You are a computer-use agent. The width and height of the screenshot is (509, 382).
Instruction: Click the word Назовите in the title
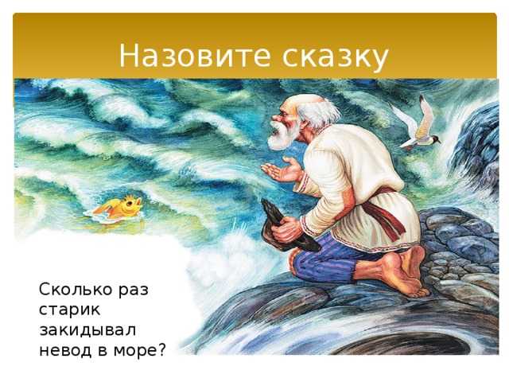195,55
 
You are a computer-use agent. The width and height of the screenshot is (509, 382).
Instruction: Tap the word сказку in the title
335,57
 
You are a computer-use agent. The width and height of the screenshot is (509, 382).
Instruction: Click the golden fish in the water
119,207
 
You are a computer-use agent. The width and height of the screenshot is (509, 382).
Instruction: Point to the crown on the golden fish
130,198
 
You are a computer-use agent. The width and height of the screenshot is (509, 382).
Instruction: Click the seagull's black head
434,139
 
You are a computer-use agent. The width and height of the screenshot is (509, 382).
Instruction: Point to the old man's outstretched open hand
282,170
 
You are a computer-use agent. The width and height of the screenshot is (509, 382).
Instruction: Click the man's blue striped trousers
324,256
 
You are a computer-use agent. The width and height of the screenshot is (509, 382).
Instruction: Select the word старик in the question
69,310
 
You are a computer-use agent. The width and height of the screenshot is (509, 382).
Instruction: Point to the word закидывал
87,330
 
